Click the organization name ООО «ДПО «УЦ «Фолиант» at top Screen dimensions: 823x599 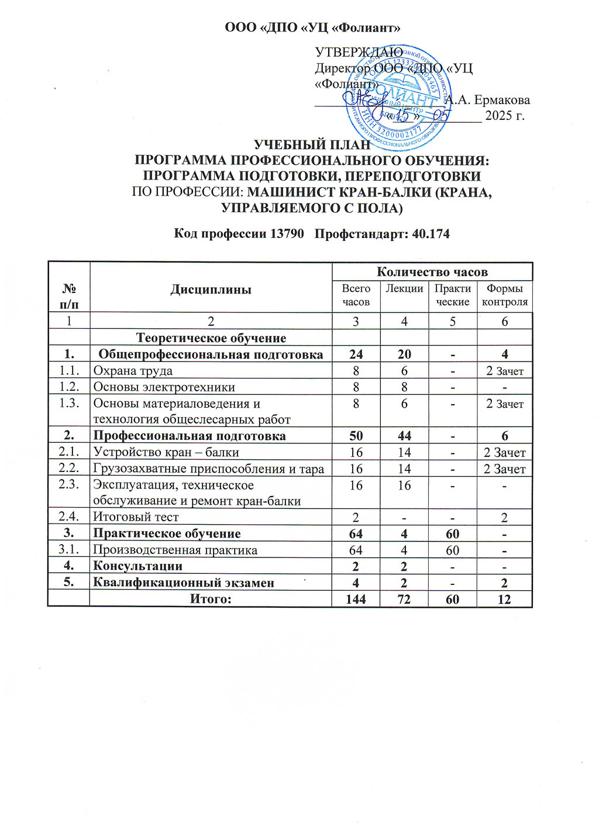[314, 27]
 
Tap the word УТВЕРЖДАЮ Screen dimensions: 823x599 [359, 53]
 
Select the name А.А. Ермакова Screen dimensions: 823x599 [488, 100]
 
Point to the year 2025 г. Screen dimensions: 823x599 [505, 115]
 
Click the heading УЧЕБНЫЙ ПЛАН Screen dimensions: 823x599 [312, 144]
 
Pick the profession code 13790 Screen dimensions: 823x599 [287, 234]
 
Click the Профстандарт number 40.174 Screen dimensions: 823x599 [431, 234]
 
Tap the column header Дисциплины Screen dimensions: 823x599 [211, 290]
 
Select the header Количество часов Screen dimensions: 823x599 [432, 271]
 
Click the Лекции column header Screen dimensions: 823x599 [404, 288]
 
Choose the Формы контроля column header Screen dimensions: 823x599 [504, 295]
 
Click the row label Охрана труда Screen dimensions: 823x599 [133, 371]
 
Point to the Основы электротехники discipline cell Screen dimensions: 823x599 [164, 387]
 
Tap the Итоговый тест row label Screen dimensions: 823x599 [136, 517]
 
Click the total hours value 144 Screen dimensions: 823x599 [356, 599]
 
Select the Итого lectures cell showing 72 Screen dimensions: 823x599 [404, 599]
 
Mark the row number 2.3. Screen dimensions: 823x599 [69, 485]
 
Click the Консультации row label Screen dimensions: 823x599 [138, 566]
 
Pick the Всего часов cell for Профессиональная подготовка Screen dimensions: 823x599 [356, 436]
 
